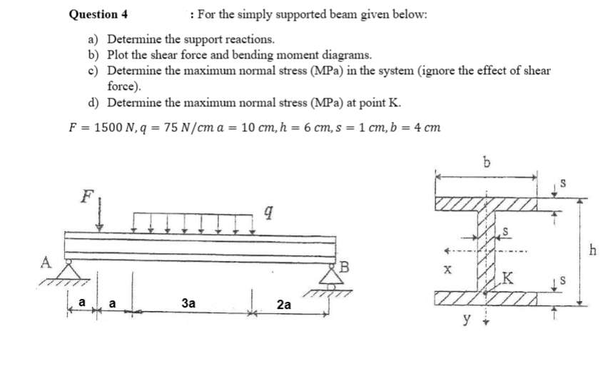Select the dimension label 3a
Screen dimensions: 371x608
[x=189, y=303]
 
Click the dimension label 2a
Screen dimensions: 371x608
[x=283, y=305]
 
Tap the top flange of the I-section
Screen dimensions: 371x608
[x=488, y=204]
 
